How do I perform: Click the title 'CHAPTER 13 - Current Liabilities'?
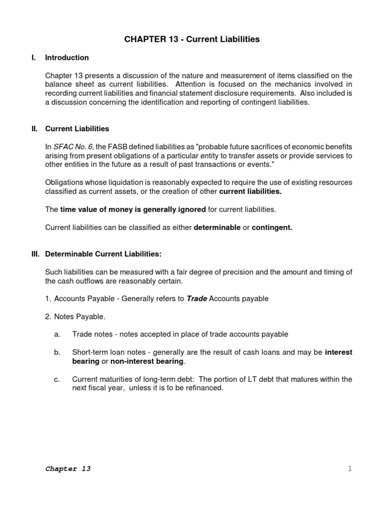coord(192,39)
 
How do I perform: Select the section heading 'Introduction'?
coord(67,57)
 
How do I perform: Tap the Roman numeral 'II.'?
coord(34,129)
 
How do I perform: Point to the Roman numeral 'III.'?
coord(35,254)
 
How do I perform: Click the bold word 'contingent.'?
coord(272,228)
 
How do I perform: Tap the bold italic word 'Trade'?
coord(196,298)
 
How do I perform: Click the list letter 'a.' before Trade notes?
coord(57,334)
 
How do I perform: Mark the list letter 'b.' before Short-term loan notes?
coord(57,352)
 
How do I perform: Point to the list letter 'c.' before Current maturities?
coord(57,379)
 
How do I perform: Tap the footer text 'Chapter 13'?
coord(68,469)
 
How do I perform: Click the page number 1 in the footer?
coord(350,469)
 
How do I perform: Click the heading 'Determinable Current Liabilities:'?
coord(103,254)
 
